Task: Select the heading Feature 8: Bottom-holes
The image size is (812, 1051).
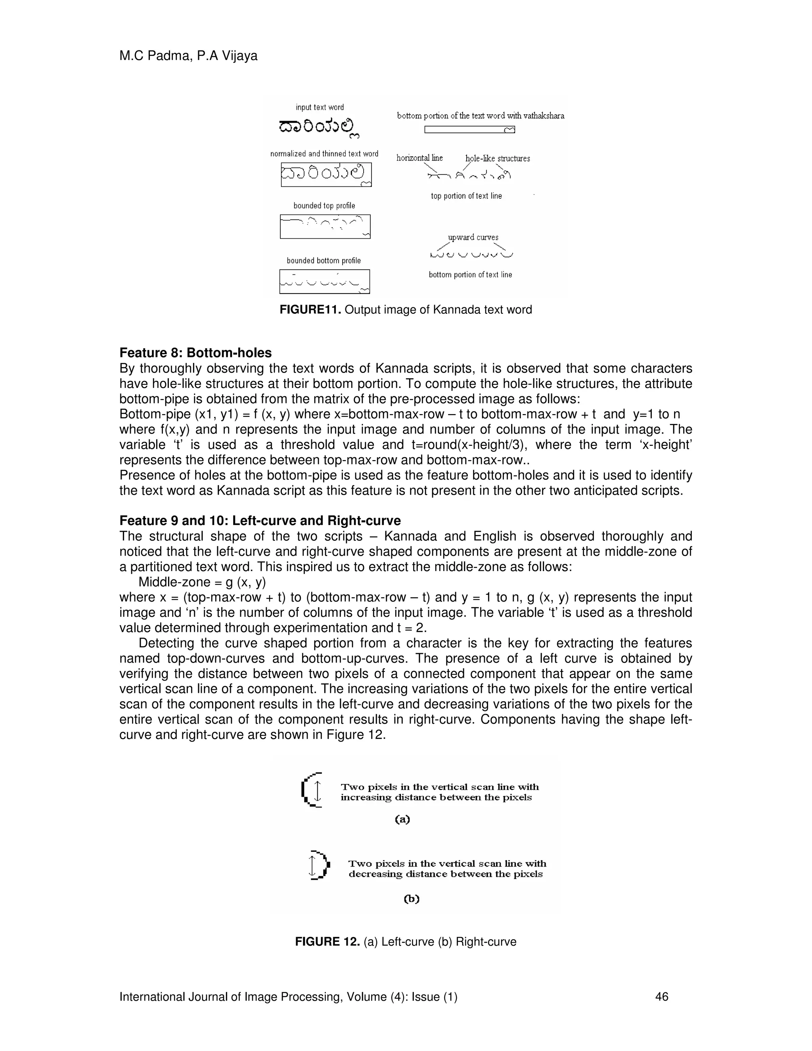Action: pos(195,353)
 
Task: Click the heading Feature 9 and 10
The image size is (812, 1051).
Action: pos(260,521)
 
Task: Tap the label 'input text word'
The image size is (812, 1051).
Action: pos(320,107)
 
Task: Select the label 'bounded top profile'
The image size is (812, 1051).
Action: pos(324,205)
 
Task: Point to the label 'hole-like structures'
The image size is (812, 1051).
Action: pos(498,158)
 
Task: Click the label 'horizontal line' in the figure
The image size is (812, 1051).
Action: pos(419,158)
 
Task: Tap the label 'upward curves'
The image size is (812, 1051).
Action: pos(473,237)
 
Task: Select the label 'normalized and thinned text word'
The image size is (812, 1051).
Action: pos(324,153)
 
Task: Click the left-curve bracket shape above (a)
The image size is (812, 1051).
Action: pos(311,790)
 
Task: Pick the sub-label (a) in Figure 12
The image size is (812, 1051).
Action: pos(402,819)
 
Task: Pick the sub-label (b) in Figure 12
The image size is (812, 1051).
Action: pos(411,898)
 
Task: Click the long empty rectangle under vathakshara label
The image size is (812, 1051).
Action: pos(469,129)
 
